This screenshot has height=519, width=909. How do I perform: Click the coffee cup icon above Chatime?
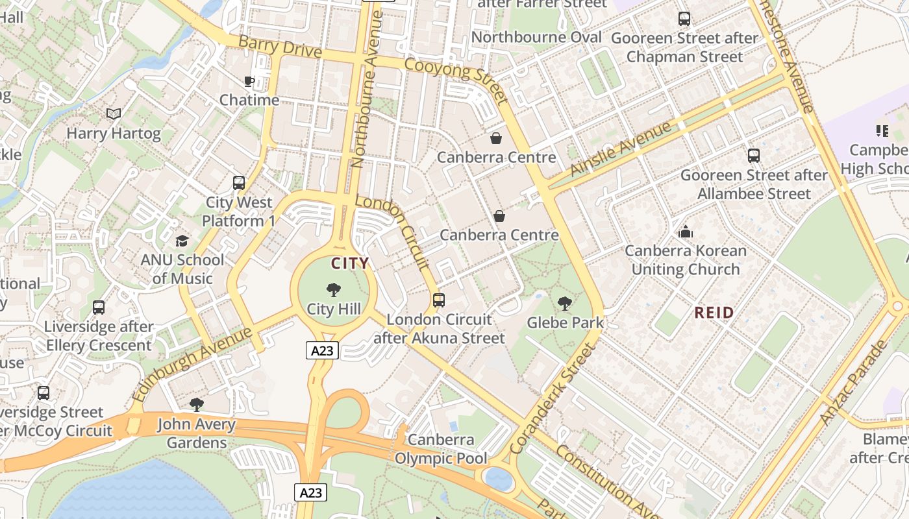(249, 81)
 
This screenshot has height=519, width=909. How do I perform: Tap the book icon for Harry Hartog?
(114, 114)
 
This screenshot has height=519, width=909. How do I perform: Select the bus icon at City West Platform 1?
(239, 183)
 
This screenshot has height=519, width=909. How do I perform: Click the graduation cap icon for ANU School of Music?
(182, 241)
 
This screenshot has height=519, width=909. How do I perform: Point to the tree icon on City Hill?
(334, 289)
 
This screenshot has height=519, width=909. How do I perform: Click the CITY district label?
(350, 263)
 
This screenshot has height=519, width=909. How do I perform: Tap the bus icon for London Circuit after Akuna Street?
(439, 300)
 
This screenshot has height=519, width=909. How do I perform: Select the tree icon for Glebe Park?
(565, 303)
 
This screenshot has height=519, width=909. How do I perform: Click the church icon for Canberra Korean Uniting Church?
(686, 232)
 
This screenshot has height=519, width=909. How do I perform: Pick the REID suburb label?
(714, 313)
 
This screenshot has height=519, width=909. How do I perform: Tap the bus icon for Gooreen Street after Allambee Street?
(754, 156)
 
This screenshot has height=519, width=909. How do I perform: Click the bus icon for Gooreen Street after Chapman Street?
(684, 19)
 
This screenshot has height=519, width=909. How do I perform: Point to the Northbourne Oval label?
(536, 37)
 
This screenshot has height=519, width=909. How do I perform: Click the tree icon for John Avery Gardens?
(196, 405)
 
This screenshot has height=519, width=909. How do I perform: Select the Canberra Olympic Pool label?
(441, 449)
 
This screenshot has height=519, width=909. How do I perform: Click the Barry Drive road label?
(280, 46)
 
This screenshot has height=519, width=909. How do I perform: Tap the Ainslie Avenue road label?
(620, 149)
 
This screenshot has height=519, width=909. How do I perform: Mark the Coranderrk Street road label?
(553, 399)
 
